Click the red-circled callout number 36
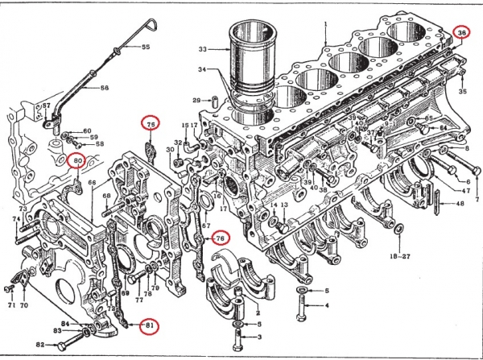[x=461, y=33]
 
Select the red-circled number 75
[x=151, y=123]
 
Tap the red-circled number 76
[x=220, y=238]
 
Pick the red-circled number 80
[x=78, y=161]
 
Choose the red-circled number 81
[x=147, y=325]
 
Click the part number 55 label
[x=146, y=48]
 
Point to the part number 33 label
[x=203, y=50]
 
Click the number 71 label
[x=10, y=307]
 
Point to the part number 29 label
[x=196, y=100]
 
